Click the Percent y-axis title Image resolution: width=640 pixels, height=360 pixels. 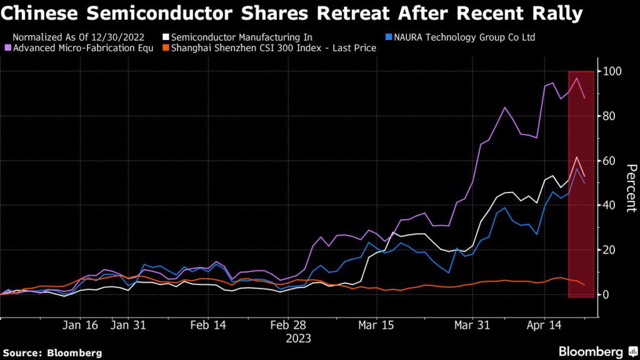tap(631, 188)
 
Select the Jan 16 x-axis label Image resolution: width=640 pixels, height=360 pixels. tap(81, 326)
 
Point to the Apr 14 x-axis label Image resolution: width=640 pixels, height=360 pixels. tap(544, 326)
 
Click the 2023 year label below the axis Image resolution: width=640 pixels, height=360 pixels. tap(298, 339)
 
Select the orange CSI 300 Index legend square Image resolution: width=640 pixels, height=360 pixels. tap(165, 48)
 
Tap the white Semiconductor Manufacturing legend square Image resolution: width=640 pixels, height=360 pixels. tap(165, 37)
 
